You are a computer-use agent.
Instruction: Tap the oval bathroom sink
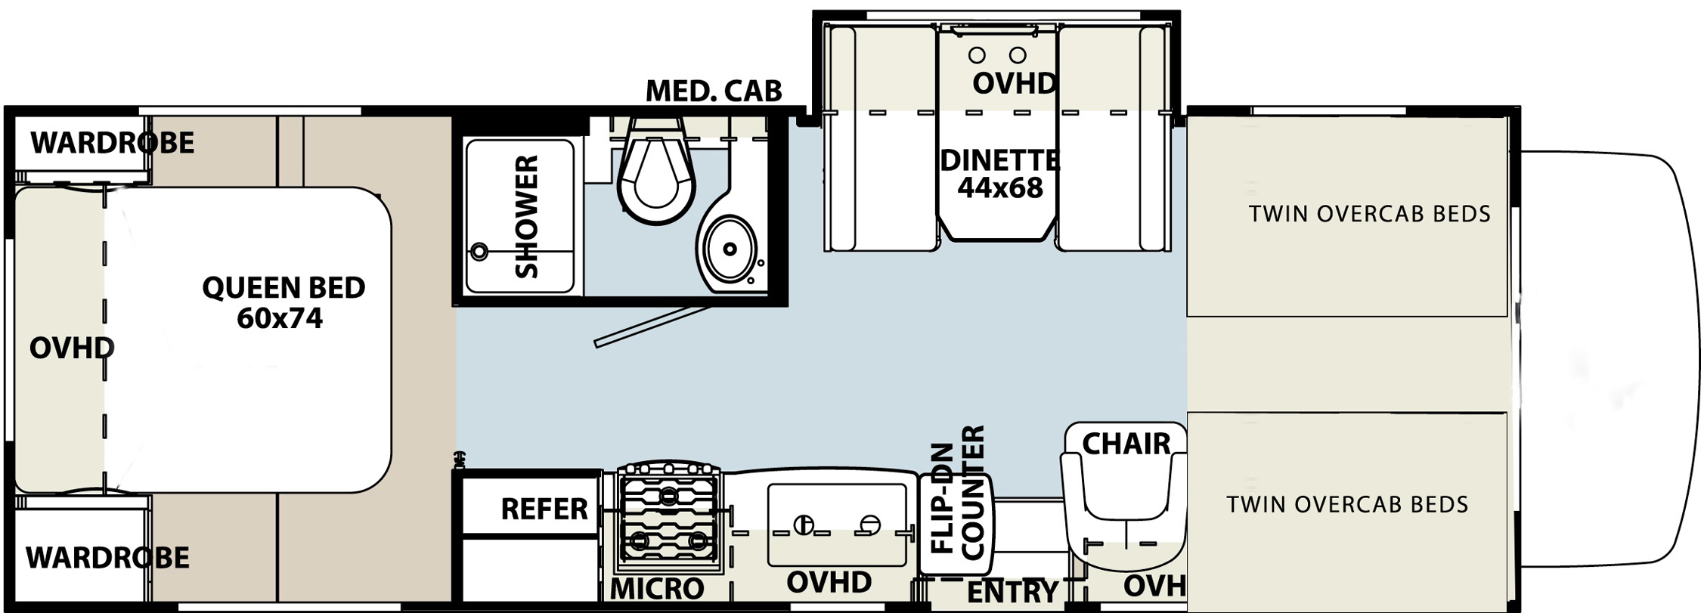click(728, 249)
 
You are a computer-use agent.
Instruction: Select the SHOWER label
click(526, 217)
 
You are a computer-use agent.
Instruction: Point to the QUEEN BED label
click(283, 287)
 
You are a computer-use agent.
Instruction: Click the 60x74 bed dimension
click(280, 319)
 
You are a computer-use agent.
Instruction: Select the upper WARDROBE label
click(112, 142)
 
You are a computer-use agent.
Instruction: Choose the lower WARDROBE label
click(107, 558)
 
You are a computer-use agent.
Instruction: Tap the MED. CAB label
click(713, 91)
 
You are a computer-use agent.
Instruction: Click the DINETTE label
click(999, 160)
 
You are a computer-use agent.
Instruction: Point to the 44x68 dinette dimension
click(999, 187)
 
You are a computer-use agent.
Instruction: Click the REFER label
click(544, 509)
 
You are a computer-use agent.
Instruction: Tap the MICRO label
click(656, 589)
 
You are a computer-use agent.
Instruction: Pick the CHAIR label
click(1126, 444)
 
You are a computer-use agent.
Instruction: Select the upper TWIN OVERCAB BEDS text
click(1369, 214)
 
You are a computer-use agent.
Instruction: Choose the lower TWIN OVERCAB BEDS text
click(1347, 504)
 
